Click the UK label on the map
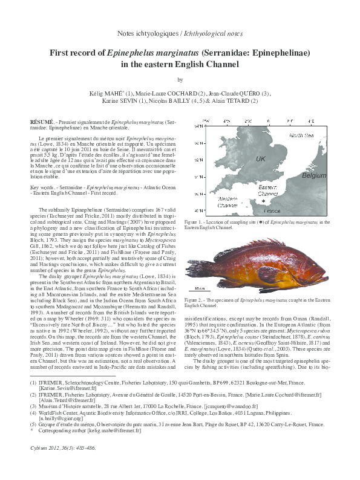(261, 158)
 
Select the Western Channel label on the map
(229, 202)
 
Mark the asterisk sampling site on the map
(263, 201)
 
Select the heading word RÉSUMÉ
(44, 122)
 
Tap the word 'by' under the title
(180, 80)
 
